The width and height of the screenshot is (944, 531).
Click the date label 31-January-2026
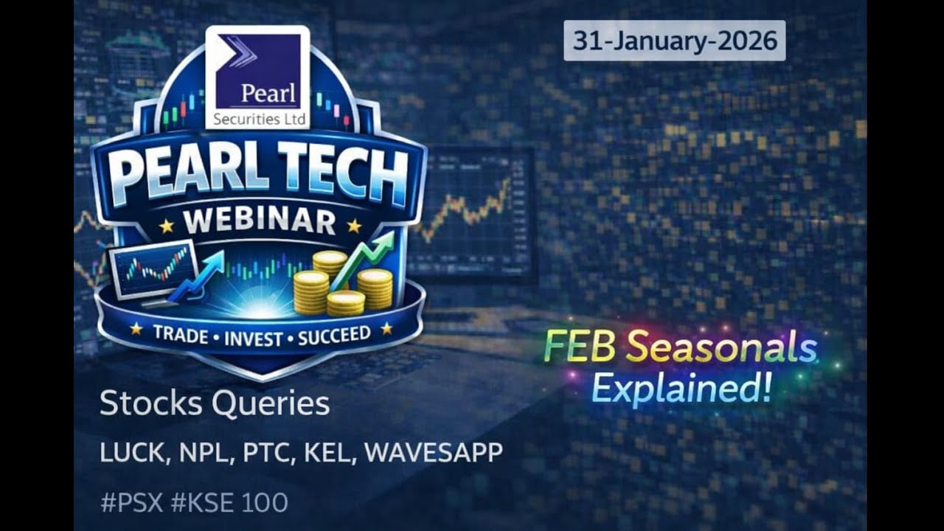pos(674,41)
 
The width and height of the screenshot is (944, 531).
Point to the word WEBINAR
pos(258,222)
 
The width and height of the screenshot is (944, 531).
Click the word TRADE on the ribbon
pos(178,335)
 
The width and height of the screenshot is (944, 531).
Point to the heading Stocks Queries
pos(214,404)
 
